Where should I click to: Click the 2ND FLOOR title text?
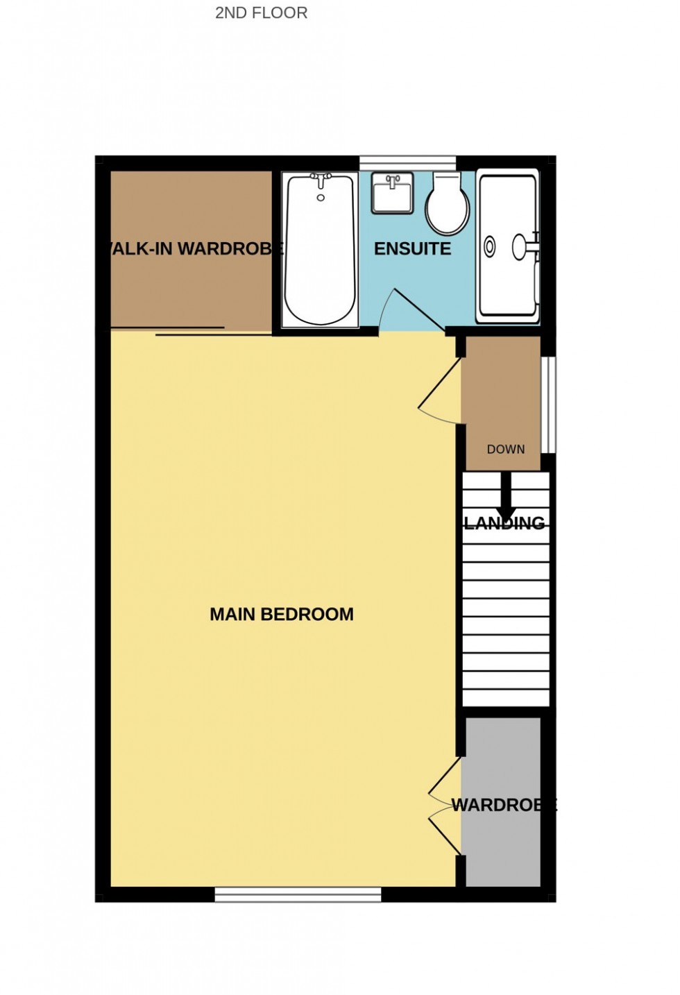point(261,12)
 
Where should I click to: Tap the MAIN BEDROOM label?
point(281,614)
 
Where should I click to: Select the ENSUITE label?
point(412,248)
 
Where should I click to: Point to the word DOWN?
point(505,449)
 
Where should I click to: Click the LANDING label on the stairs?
point(504,523)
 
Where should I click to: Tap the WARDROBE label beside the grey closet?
point(503,805)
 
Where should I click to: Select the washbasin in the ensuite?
point(392,193)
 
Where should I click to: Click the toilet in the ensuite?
point(447,205)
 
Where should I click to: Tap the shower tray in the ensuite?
point(508,246)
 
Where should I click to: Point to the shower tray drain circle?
point(490,246)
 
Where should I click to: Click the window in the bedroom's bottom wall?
point(298,894)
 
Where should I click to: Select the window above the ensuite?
point(407,163)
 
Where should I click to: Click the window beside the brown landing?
point(548,405)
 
